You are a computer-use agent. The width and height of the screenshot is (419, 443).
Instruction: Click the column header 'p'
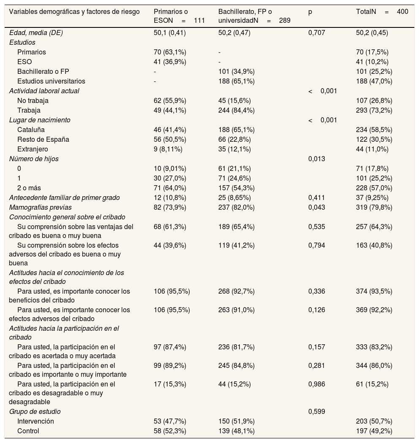coord(310,12)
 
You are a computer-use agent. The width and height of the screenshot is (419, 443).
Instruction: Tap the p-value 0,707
coord(317,33)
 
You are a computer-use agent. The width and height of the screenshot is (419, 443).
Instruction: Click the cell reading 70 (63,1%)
coord(170,52)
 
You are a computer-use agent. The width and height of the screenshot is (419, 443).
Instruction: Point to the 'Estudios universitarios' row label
coord(51,81)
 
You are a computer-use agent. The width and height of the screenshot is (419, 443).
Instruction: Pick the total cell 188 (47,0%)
coord(374,81)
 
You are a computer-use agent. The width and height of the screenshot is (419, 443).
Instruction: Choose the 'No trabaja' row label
coord(33,101)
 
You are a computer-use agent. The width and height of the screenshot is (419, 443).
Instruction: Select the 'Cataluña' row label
coord(31,130)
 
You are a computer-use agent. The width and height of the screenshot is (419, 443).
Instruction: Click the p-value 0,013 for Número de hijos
coord(317,159)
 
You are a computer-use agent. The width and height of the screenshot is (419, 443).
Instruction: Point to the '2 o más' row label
coord(29,188)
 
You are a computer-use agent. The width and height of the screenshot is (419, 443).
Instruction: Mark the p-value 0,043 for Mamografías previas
coord(317,208)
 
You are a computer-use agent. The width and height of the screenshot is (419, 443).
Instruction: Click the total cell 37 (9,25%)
coord(373,198)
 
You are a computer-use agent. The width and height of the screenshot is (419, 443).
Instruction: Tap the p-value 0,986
coord(317,384)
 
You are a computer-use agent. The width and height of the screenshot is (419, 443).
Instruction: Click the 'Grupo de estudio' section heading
coord(35,412)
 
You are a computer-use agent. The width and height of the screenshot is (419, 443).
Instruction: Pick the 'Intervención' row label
coord(35,421)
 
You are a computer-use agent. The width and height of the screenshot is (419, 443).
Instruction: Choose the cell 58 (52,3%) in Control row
coord(170,431)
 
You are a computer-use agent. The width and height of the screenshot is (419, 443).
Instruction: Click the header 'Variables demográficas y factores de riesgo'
coord(74,12)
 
